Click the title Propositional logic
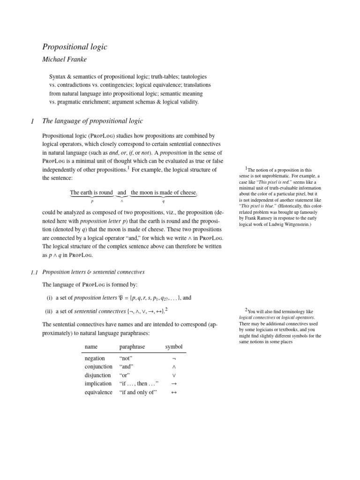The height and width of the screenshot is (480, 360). tap(75, 46)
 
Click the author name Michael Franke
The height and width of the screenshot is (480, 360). tap(66, 60)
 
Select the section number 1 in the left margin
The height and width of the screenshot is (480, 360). tap(32, 121)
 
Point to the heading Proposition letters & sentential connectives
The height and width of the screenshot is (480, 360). tap(93, 272)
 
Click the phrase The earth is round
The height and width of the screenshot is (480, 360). tap(91, 193)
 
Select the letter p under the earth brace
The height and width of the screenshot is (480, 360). tap(92, 202)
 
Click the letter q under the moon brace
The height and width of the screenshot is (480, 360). tap(163, 202)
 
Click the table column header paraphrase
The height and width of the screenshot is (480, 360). tap(132, 347)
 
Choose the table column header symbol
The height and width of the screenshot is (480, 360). tap(173, 347)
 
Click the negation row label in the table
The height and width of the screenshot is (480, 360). tap(95, 359)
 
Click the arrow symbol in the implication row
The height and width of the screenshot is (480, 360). tap(174, 384)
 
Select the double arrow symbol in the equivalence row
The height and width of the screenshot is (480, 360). tap(174, 392)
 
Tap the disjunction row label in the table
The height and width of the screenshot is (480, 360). tap(97, 375)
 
